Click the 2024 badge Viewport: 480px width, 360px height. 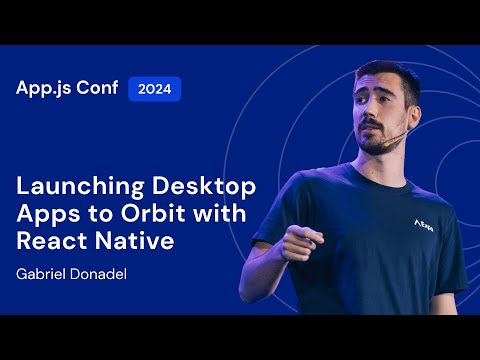click(x=154, y=89)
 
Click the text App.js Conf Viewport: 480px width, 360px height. click(x=66, y=88)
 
